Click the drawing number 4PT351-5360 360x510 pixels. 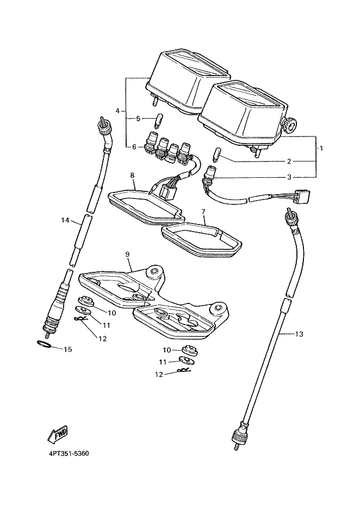[x=69, y=454]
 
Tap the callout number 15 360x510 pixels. [x=67, y=349]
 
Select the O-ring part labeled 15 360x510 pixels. [x=43, y=344]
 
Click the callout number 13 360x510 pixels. [x=299, y=334]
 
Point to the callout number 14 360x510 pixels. [x=65, y=221]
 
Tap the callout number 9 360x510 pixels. [x=127, y=253]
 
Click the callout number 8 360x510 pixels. [x=132, y=175]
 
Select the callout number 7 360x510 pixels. [x=203, y=212]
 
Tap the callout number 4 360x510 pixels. [x=118, y=111]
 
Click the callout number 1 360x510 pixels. [x=321, y=148]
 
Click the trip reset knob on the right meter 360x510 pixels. [x=288, y=125]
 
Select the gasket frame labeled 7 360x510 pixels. [x=202, y=240]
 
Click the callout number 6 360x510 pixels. [x=134, y=147]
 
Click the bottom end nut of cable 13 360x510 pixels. [x=238, y=436]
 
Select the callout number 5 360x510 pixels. [x=138, y=119]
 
